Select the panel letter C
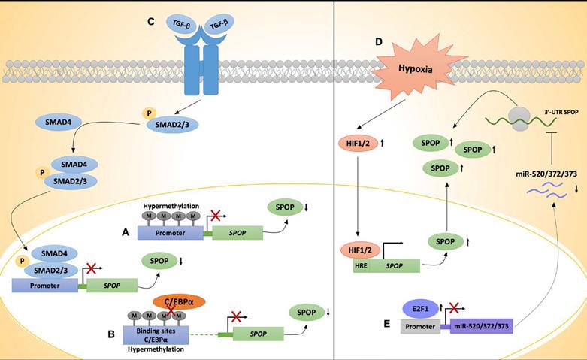coord(151,20)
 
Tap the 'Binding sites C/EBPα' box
coord(156,333)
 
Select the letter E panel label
coord(386,324)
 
